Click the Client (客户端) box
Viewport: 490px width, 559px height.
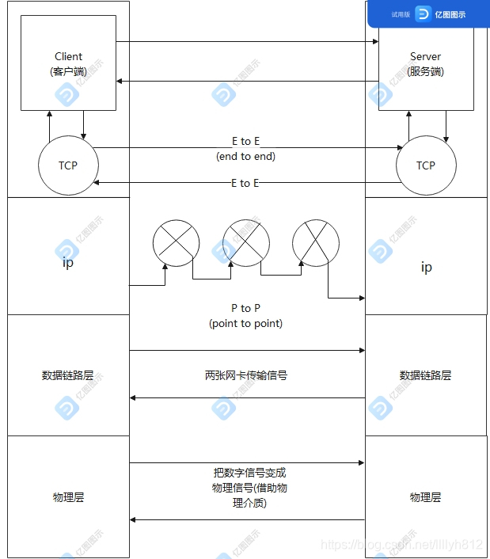pos(68,63)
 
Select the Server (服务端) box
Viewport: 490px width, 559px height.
pos(426,63)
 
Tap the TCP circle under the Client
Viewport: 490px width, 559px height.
pos(68,165)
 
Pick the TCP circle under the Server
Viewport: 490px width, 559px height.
pos(426,165)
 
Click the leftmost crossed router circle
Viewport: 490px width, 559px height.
pos(176,242)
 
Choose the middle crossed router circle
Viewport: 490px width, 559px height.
pos(246,242)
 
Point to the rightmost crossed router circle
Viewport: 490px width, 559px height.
pos(316,242)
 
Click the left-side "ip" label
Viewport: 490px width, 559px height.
pos(68,263)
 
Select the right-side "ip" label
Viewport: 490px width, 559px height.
pos(426,267)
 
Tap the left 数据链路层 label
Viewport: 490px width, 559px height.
pos(68,375)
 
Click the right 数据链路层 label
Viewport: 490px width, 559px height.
pos(426,375)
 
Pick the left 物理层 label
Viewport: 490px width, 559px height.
pos(68,497)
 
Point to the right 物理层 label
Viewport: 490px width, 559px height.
pos(426,497)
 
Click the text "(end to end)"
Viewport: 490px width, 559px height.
pos(245,156)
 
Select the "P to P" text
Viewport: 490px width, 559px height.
pos(246,308)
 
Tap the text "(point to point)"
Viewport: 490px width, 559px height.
pos(245,323)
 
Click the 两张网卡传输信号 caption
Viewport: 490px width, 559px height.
pos(245,375)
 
